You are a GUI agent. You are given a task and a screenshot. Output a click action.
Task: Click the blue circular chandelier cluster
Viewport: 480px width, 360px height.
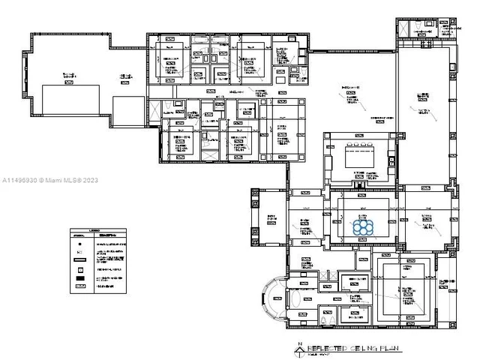pyautogui.click(x=363, y=227)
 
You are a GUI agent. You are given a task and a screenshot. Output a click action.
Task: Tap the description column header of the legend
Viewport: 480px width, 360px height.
pyautogui.click(x=106, y=235)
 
